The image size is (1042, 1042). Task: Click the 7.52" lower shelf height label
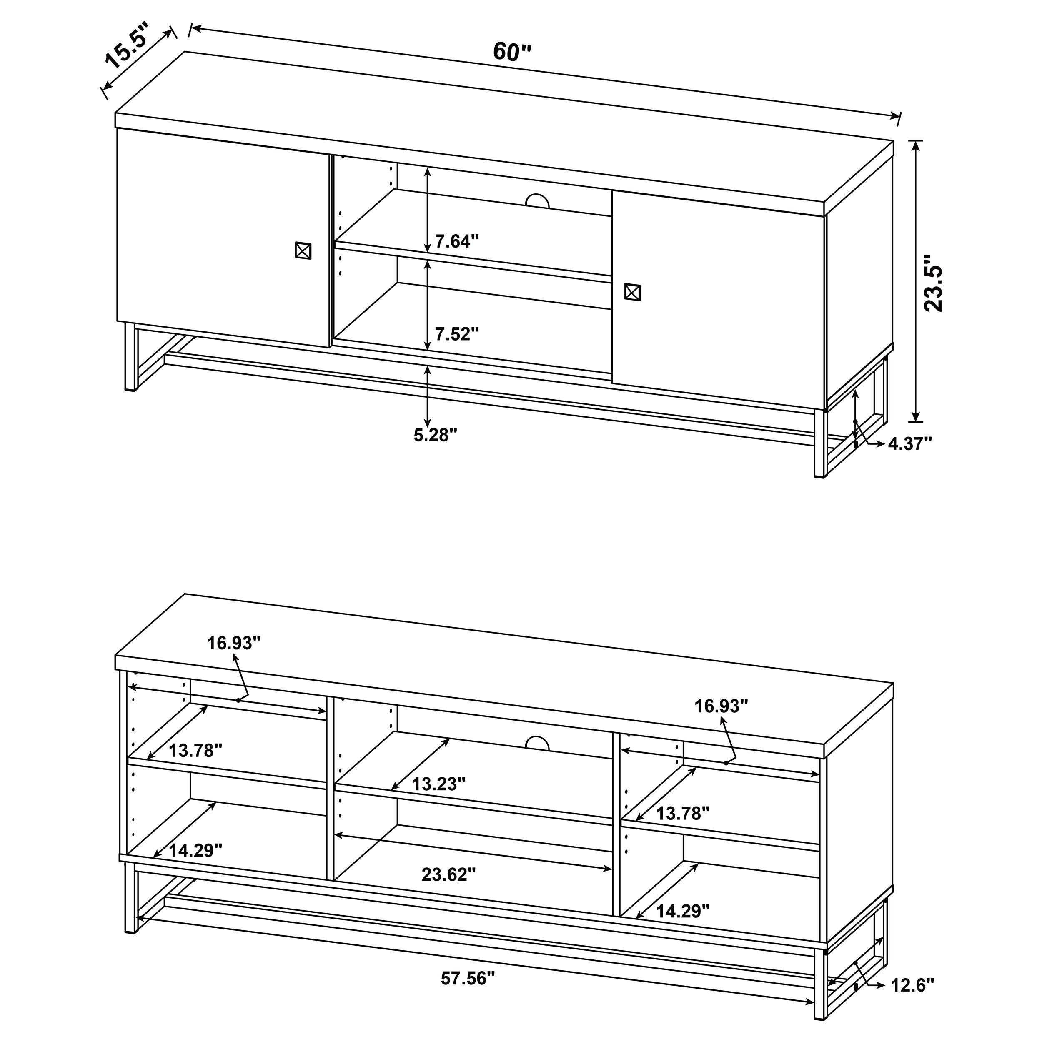tap(457, 334)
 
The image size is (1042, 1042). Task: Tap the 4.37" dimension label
tap(910, 444)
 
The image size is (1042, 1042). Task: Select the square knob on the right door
tap(632, 292)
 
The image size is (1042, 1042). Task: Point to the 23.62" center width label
tap(449, 874)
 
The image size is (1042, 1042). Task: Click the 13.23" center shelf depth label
tap(438, 784)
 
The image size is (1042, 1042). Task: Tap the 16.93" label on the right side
tap(721, 706)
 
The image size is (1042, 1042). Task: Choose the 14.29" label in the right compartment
tap(682, 911)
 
